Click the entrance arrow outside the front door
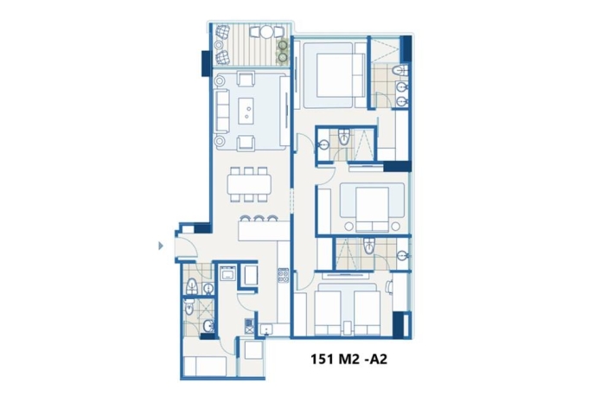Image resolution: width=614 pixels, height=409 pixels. click(161, 246)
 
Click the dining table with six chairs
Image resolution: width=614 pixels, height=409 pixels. click(249, 185)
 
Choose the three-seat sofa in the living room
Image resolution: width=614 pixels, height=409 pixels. click(222, 111)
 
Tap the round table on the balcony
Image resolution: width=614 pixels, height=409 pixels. click(266, 31)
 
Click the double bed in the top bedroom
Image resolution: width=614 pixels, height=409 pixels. click(334, 74)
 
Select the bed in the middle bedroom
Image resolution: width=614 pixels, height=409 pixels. click(372, 207)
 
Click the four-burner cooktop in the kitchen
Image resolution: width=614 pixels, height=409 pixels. click(284, 276)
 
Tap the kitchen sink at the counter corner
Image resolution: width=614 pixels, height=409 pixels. click(266, 329)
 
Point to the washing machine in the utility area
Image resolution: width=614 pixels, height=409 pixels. click(227, 272)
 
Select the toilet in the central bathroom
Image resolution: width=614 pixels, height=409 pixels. click(344, 137)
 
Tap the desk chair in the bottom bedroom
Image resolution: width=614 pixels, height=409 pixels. click(388, 287)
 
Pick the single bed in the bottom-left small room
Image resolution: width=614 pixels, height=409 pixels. click(205, 367)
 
